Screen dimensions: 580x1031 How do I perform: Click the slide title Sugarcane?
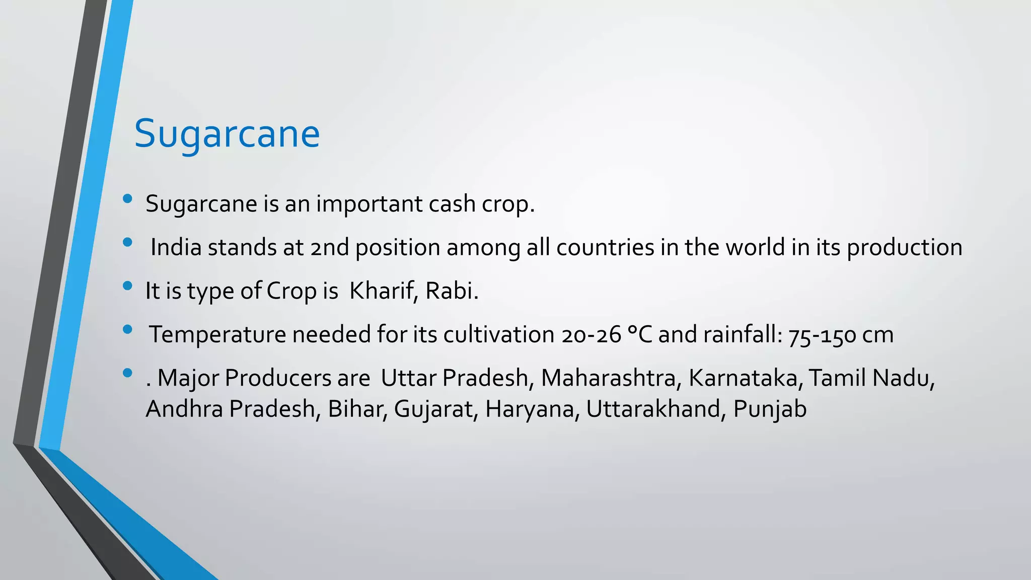pos(227,134)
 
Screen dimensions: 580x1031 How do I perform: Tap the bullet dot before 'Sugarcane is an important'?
pos(127,199)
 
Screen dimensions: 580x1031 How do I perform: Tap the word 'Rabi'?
pos(449,291)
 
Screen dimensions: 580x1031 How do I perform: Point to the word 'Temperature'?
pos(217,335)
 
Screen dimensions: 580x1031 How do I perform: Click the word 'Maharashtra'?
pos(608,378)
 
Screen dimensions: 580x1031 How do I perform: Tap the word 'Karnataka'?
pos(743,378)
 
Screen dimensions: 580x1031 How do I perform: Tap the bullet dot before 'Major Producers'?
pos(127,373)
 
